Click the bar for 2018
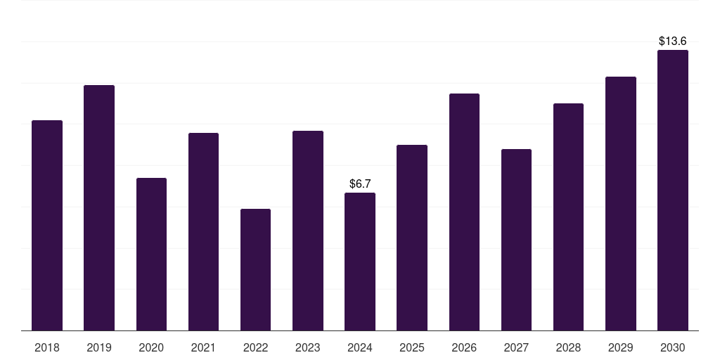point(47,225)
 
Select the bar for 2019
point(99,207)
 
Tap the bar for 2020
point(151,254)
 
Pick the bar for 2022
point(255,269)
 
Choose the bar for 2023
point(308,231)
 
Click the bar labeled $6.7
point(360,262)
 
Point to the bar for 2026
point(464,212)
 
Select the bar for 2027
point(516,240)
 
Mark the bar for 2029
point(620,203)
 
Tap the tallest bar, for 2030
point(672,190)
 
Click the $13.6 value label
point(673,41)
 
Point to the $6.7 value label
point(360,184)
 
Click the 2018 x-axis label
point(47,348)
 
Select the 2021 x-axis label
point(203,348)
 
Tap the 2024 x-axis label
point(360,348)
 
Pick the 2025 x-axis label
point(412,348)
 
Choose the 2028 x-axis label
point(568,348)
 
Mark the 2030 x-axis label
point(672,348)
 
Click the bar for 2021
point(203,231)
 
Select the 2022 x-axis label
point(255,348)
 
